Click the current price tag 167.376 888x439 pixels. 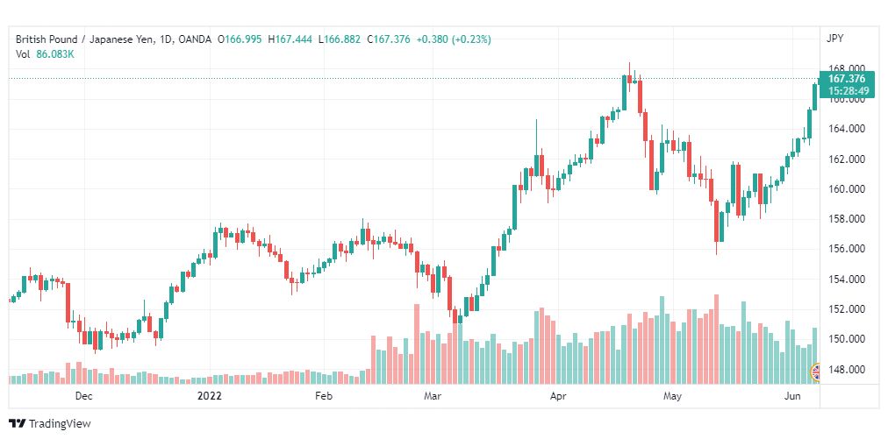coord(846,79)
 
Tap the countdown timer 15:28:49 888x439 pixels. coord(846,90)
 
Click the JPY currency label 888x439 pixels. coord(834,38)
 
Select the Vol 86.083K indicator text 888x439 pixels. coord(46,54)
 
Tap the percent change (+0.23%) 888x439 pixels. coord(471,39)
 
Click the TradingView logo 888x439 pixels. coord(51,424)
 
